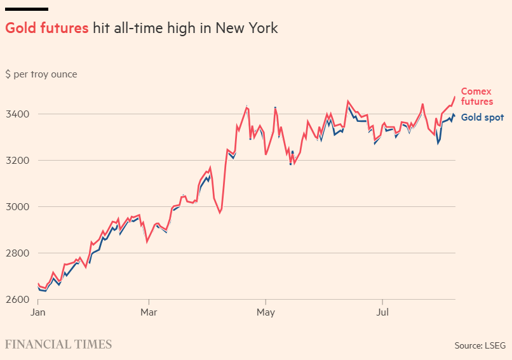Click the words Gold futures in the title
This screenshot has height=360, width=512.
click(46, 29)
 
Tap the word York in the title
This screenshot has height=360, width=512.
click(262, 29)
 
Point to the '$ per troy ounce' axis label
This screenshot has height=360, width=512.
click(41, 74)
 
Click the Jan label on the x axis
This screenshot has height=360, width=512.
click(37, 312)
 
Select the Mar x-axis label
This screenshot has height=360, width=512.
click(149, 312)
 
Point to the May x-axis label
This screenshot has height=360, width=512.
click(266, 312)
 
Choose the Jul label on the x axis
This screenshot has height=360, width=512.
click(382, 312)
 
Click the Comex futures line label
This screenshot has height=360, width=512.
click(477, 97)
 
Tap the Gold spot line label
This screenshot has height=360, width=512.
click(482, 117)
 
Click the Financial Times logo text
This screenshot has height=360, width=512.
click(58, 345)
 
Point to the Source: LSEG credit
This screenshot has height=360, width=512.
click(480, 345)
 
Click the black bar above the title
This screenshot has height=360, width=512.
click(27, 9)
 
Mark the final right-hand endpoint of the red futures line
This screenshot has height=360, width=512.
click(455, 97)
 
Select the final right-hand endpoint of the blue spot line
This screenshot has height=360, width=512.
click(454, 116)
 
